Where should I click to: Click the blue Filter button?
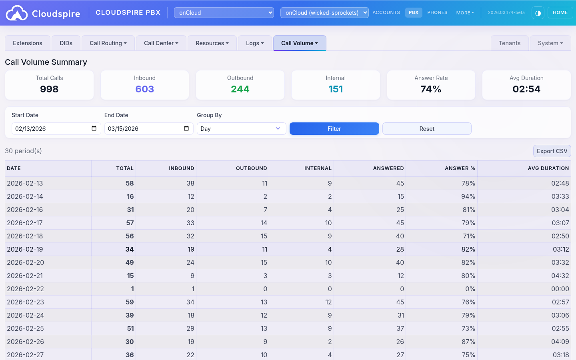click(334, 129)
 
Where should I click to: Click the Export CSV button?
click(552, 151)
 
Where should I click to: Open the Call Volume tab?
click(299, 43)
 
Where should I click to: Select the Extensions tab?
click(28, 43)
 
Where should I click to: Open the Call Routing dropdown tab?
click(108, 43)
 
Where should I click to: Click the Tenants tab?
click(509, 43)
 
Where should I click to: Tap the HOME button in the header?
click(560, 13)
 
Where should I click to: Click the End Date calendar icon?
click(186, 128)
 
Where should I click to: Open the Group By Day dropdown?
click(241, 129)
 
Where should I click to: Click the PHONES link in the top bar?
click(437, 13)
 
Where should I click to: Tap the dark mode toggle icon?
click(538, 13)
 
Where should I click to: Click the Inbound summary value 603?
click(144, 89)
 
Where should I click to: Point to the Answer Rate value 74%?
click(431, 89)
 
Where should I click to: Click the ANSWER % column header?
click(460, 168)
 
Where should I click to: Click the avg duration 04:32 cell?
click(560, 276)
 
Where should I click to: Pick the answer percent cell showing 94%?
click(468, 196)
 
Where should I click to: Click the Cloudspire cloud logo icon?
click(17, 13)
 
